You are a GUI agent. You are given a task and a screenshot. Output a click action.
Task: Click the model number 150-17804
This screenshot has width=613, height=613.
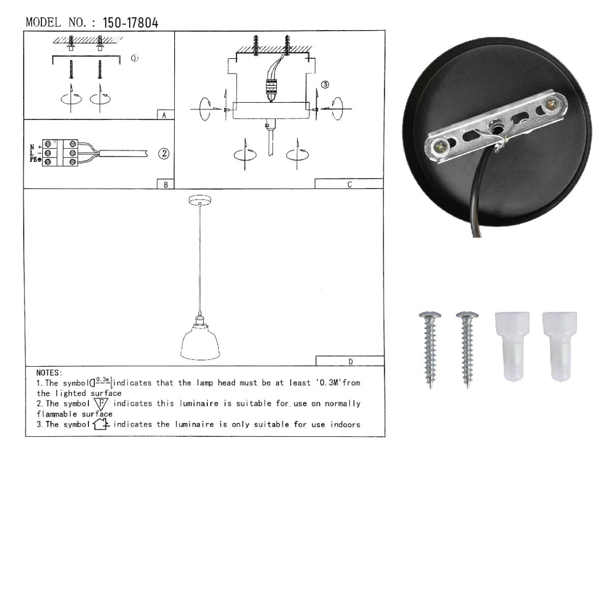click(x=130, y=23)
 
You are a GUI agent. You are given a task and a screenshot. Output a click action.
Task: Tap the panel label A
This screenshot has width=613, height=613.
click(x=164, y=115)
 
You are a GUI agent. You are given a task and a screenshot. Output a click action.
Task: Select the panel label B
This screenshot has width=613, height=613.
click(x=166, y=184)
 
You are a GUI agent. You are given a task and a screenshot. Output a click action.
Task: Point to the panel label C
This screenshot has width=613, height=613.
click(x=349, y=184)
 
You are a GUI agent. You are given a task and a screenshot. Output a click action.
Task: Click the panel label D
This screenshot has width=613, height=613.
click(x=350, y=362)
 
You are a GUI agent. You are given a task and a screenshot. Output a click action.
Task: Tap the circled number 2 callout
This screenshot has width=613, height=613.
click(x=164, y=154)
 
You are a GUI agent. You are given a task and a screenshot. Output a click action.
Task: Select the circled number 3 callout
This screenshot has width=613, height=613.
click(x=325, y=85)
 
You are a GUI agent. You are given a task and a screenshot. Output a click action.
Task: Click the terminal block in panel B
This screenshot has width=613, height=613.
click(x=60, y=153)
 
